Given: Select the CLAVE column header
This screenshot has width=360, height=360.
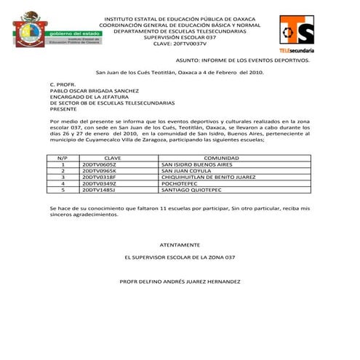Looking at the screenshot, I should point(113,157).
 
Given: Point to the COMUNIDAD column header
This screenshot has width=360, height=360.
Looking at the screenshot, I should point(221,157).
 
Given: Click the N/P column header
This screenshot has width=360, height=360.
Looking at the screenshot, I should point(63,157).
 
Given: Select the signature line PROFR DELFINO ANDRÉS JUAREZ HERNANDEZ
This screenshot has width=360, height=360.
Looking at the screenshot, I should point(179,280).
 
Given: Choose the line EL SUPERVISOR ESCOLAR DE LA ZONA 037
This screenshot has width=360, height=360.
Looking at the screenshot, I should point(179,257).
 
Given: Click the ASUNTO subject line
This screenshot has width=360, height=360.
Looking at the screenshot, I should point(242,61).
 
